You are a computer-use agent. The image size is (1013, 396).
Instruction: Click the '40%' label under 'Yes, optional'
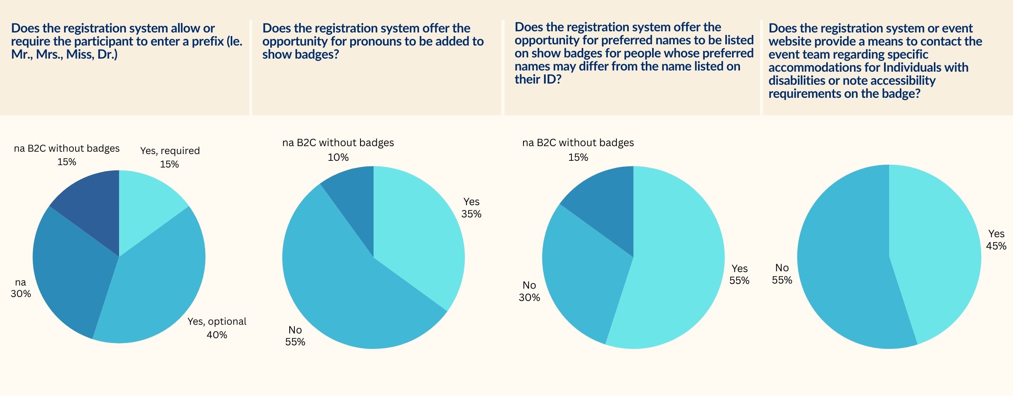tap(217, 335)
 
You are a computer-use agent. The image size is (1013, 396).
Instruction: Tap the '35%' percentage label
tap(471, 214)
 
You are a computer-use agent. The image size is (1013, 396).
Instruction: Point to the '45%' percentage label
tap(996, 246)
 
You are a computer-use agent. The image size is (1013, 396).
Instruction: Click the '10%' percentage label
tap(338, 158)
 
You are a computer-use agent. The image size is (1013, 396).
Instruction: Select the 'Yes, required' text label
tap(170, 151)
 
